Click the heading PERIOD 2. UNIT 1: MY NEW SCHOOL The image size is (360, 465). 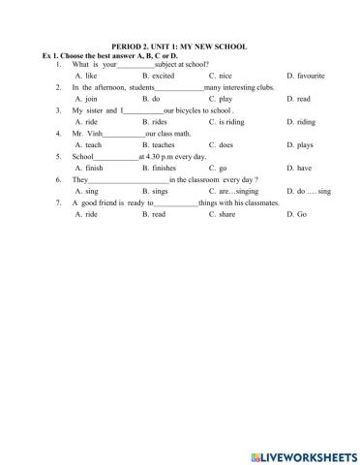click(x=180, y=46)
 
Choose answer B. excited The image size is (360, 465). click(x=158, y=75)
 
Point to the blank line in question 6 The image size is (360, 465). click(x=129, y=180)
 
